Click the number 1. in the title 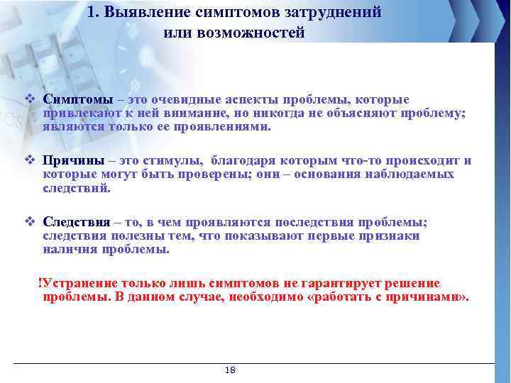point(97,12)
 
